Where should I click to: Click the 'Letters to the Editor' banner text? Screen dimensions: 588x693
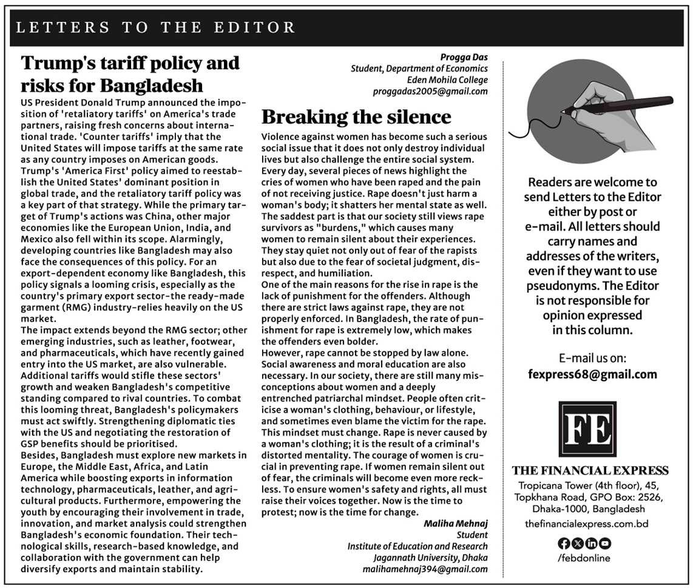point(155,27)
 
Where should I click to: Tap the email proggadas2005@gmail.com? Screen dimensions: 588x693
point(430,91)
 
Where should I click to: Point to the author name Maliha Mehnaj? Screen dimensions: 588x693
point(456,524)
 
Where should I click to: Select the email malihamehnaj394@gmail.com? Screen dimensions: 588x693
point(425,569)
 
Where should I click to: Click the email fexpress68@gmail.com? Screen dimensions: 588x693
point(592,374)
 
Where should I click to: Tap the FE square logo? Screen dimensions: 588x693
point(587,429)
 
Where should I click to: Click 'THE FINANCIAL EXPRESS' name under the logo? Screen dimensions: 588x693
point(590,471)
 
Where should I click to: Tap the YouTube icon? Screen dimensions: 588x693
point(605,544)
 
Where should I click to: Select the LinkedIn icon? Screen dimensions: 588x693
point(591,544)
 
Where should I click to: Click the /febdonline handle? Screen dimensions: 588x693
point(583,558)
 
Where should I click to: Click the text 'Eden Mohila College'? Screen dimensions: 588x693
point(447,80)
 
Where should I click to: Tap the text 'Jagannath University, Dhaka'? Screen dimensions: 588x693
point(430,558)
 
